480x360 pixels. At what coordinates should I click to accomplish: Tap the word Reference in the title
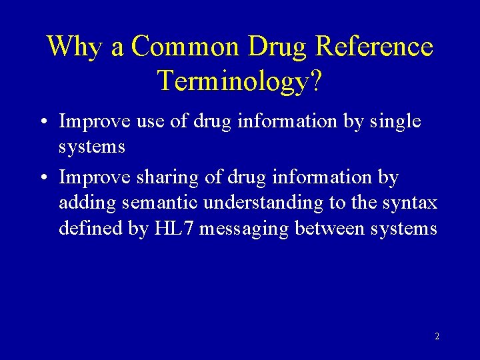373,47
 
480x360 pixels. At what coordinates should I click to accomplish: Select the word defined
85,229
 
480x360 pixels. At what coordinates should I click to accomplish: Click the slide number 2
437,337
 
